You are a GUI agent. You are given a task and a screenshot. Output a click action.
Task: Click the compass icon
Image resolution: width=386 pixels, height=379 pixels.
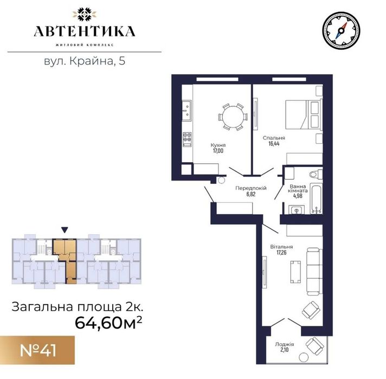point(341,30)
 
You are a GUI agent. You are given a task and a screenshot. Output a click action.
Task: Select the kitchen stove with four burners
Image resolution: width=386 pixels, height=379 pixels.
point(187,139)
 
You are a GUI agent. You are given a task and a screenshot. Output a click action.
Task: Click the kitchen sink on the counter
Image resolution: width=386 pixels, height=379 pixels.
point(186,111)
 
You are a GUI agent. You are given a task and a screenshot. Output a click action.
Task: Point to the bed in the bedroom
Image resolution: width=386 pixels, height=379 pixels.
point(304,114)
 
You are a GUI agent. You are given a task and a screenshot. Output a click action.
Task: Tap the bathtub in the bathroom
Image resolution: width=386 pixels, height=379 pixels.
point(316,198)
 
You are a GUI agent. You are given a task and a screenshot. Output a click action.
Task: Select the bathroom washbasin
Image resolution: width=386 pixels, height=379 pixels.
point(297,210)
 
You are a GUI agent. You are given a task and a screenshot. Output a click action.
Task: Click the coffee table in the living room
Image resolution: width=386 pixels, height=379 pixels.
point(295,272)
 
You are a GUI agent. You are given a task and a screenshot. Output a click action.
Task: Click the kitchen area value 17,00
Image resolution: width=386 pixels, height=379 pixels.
point(218,151)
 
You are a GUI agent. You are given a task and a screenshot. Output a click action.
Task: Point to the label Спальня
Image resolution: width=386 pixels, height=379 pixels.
point(274,138)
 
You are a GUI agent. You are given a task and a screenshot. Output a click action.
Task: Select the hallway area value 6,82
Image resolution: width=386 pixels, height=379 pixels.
point(251,194)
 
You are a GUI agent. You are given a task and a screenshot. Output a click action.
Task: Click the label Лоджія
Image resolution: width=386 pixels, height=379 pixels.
point(284,344)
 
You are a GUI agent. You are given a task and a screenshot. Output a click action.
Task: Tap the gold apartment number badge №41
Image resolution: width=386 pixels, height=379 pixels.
point(37,350)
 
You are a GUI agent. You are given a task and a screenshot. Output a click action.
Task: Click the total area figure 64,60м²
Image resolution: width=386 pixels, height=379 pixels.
point(108,323)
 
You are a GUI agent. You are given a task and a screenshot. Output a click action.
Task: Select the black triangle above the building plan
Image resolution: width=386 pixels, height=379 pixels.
point(65,230)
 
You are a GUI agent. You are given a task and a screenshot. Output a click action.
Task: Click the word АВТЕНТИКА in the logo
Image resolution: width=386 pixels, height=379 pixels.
point(85,31)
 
